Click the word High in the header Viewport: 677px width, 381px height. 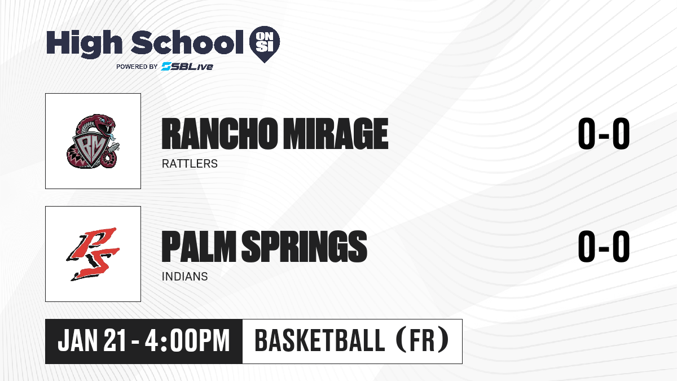84,43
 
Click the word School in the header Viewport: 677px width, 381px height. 187,42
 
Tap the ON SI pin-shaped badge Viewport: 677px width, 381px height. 265,44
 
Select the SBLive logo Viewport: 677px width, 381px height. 187,66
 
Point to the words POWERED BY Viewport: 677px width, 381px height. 137,67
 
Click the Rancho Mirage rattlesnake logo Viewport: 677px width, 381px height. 93,141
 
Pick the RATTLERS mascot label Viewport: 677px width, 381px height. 190,164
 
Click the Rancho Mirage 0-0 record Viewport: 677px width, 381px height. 604,133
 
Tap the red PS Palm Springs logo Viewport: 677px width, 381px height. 93,254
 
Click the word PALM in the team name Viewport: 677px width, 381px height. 199,247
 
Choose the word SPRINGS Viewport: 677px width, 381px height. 304,247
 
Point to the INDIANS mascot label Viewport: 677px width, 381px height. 184,277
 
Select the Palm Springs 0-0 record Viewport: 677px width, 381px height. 604,246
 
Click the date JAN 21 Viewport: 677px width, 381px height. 91,340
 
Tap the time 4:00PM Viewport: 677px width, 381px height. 187,340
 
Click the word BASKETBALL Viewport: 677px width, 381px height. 320,340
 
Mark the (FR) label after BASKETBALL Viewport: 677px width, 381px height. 423,340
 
